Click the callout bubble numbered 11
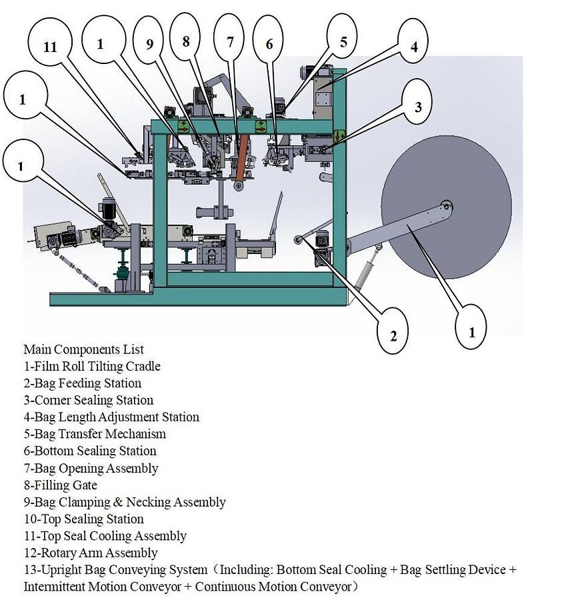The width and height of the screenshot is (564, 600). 50,46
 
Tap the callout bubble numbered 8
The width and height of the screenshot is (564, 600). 186,41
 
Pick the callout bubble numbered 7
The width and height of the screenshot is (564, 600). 231,41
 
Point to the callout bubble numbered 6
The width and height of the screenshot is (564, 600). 269,44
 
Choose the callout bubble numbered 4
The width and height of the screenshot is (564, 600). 413,47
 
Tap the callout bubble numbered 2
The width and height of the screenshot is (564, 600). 393,335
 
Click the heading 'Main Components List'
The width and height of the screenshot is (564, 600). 83,349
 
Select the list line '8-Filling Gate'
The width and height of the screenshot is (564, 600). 60,485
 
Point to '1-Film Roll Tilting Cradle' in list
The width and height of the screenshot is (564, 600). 92,366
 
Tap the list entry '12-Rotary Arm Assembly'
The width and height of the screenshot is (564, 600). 91,553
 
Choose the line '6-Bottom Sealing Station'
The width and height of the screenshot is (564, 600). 90,451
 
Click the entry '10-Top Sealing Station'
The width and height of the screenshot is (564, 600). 83,519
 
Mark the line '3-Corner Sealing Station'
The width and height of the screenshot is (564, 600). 89,400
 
